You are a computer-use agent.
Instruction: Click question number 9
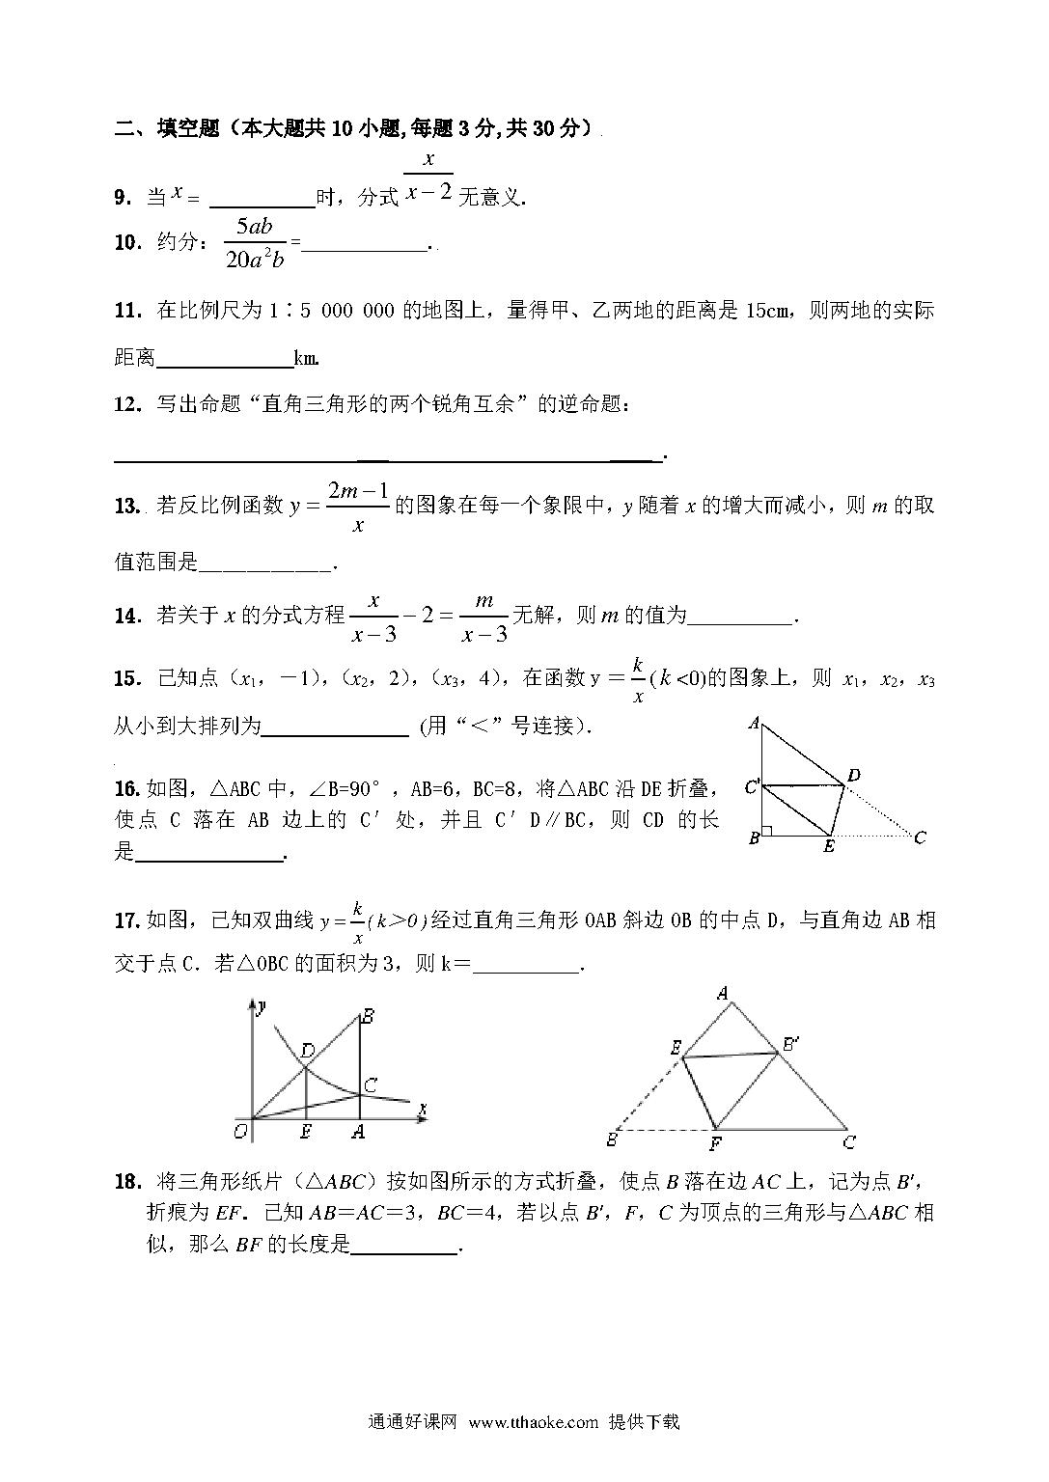click(123, 198)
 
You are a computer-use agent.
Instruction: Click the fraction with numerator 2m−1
click(358, 507)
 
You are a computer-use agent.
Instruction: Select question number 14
click(126, 616)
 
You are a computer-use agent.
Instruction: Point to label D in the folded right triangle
click(854, 775)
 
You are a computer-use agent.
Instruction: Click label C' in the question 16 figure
click(752, 787)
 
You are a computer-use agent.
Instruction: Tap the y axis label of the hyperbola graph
click(262, 1006)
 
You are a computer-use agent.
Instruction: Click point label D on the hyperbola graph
click(307, 1050)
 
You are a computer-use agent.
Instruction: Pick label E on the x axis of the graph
click(306, 1133)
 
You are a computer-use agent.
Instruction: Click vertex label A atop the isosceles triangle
click(722, 992)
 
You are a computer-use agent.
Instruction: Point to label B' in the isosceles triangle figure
click(789, 1043)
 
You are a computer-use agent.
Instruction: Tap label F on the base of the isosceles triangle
click(715, 1144)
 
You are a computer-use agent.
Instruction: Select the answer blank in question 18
click(404, 1245)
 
